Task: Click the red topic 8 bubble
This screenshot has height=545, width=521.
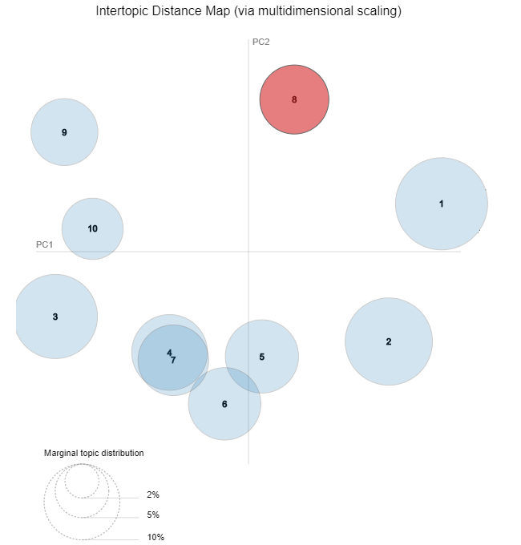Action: [294, 100]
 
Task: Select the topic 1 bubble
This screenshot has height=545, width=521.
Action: [441, 204]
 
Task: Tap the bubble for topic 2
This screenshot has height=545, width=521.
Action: [389, 341]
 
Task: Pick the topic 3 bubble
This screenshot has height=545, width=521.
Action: [55, 317]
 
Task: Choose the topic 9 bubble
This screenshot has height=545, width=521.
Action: [64, 132]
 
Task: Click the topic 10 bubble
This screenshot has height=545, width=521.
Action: [92, 228]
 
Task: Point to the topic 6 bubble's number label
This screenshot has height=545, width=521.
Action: [224, 404]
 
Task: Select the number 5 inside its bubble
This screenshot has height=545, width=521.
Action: [262, 357]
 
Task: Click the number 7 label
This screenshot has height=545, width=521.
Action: [173, 361]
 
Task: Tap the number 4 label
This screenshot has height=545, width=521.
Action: [169, 352]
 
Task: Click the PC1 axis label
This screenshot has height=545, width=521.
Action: [44, 244]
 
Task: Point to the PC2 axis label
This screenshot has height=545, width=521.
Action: [260, 42]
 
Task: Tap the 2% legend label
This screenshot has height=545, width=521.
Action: [153, 495]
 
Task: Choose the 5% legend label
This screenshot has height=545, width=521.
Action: [153, 515]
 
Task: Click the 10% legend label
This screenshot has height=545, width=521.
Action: [155, 537]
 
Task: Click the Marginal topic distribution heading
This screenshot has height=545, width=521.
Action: [94, 453]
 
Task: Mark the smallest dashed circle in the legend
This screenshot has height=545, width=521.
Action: [82, 481]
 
